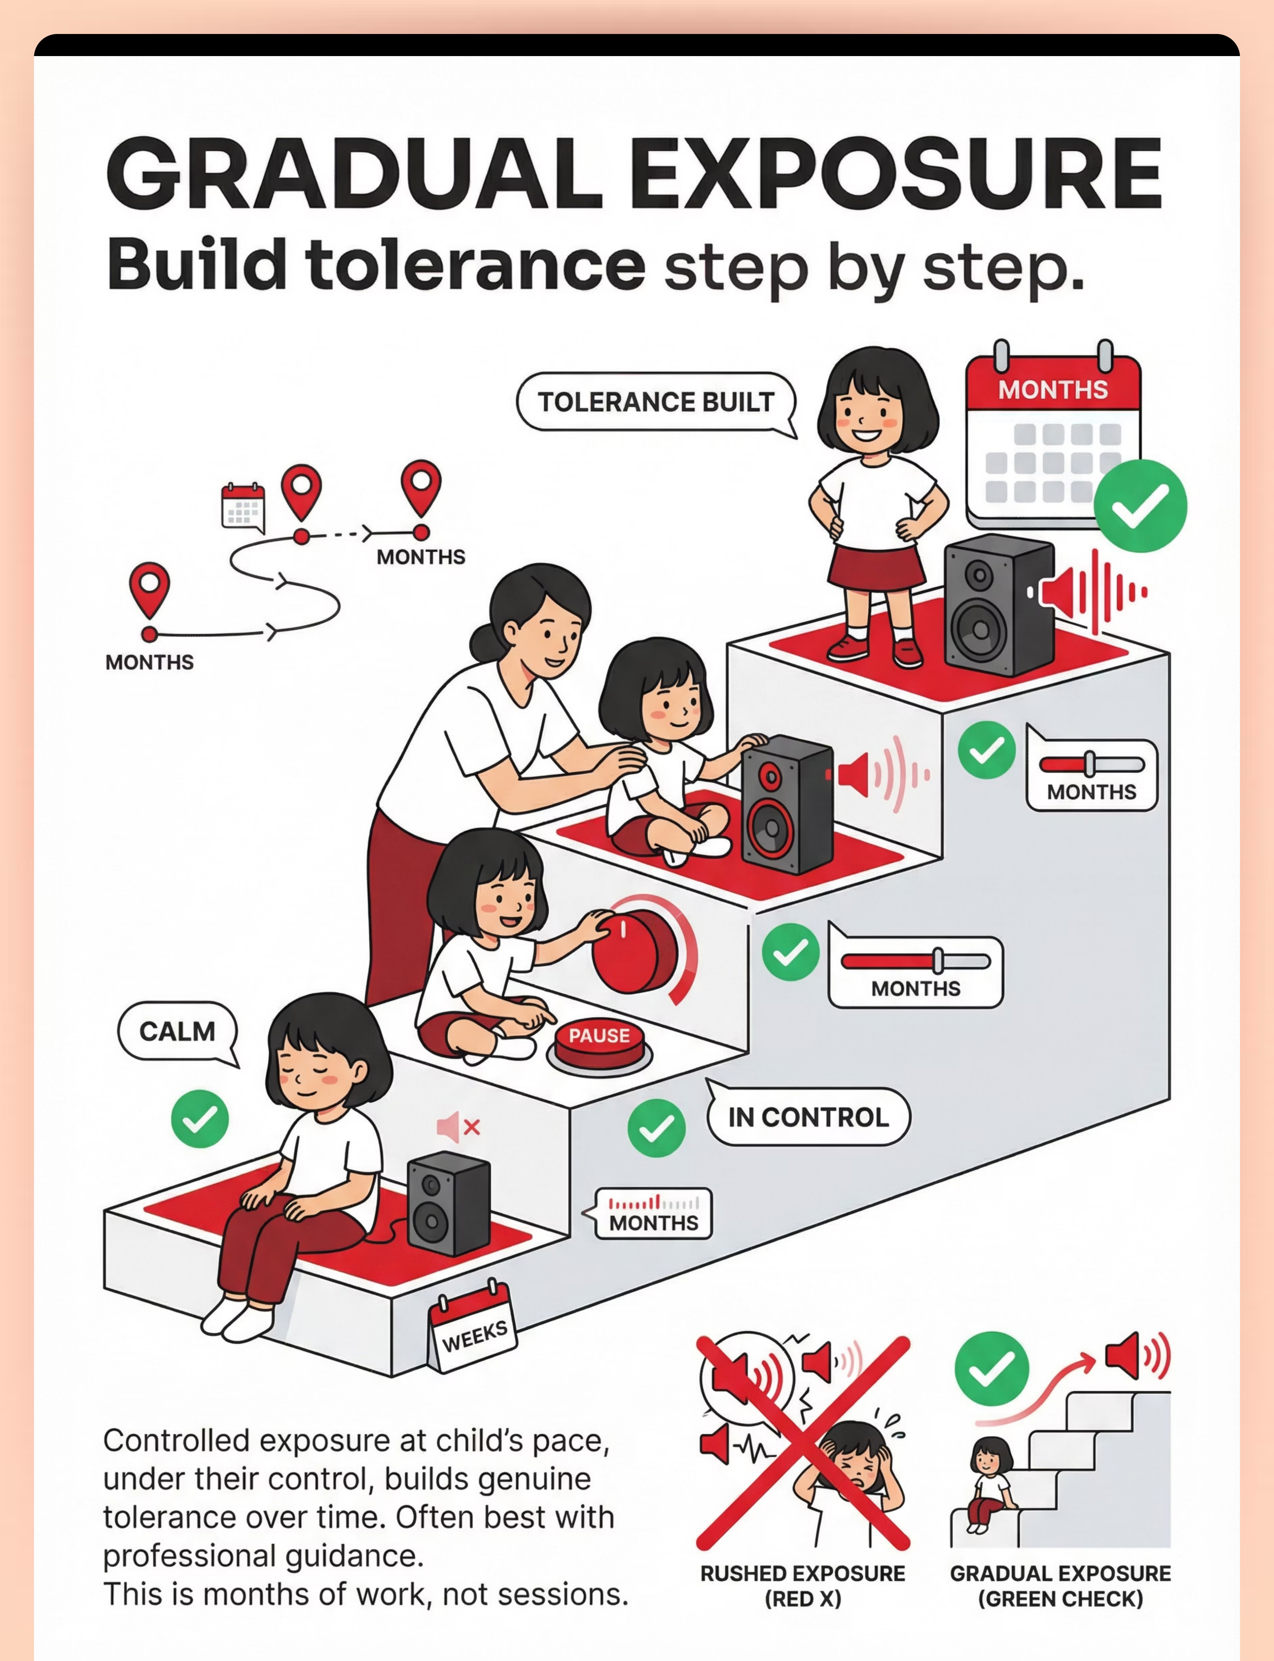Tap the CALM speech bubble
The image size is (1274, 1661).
177,1032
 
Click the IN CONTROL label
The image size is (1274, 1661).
808,1117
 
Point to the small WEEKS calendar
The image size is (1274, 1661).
473,1327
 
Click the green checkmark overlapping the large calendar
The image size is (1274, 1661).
1140,506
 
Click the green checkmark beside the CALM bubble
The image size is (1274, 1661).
199,1119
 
